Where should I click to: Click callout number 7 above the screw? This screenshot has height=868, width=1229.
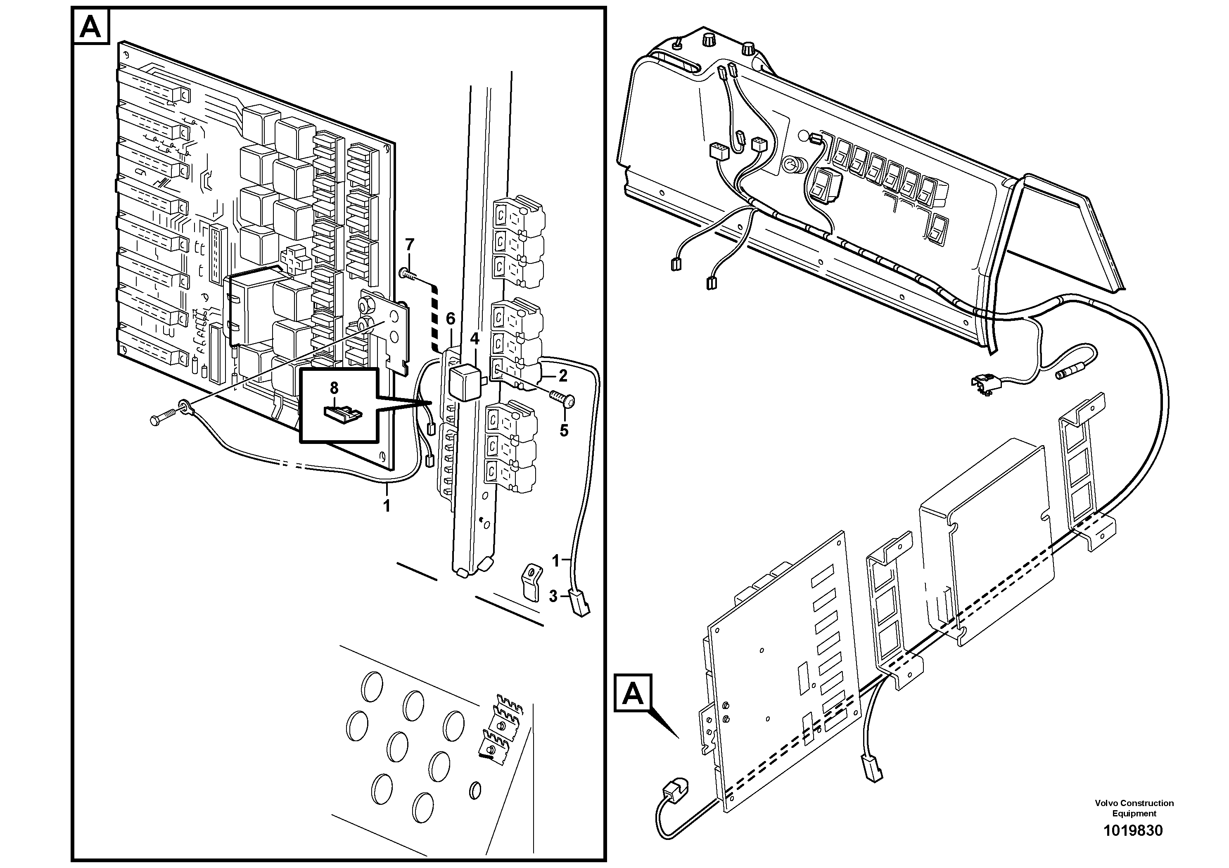click(x=410, y=245)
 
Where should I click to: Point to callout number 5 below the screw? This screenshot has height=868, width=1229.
click(x=564, y=430)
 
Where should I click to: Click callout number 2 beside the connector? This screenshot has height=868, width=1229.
click(x=562, y=376)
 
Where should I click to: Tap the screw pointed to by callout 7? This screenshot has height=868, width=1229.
click(x=410, y=275)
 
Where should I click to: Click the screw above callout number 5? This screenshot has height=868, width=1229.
click(x=562, y=398)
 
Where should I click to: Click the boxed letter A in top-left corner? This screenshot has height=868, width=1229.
click(x=90, y=27)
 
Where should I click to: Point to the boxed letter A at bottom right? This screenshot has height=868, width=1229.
click(x=633, y=694)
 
